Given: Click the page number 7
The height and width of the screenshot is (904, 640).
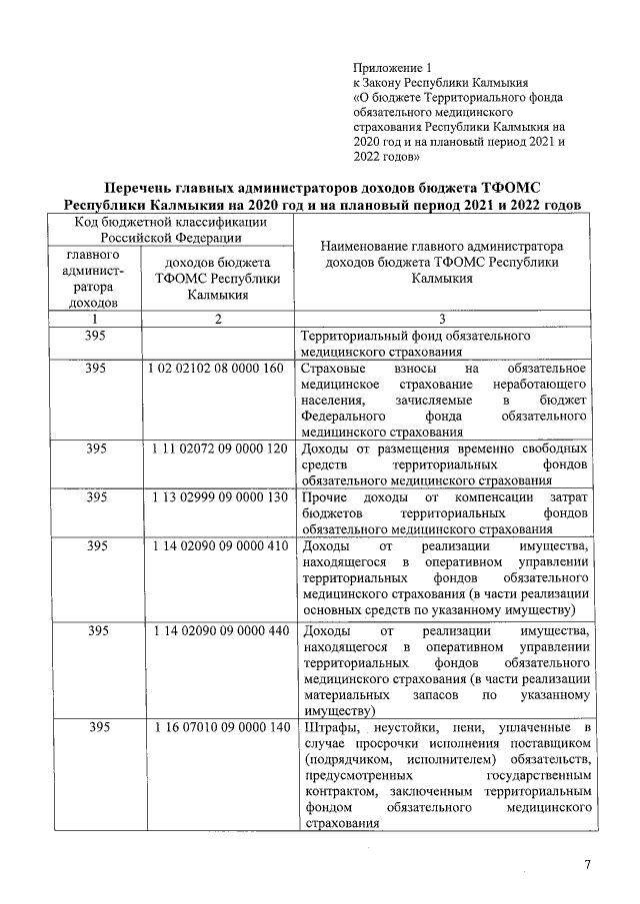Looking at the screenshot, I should (587, 864).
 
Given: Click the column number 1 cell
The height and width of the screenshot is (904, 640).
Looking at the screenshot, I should (97, 319).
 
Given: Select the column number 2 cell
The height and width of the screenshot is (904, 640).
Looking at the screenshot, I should (217, 319).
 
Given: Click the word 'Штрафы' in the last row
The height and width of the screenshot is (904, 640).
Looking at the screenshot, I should (326, 727).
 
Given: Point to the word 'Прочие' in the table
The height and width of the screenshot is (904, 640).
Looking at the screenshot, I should (323, 497).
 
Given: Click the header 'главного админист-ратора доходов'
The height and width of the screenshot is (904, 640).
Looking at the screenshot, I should (96, 278).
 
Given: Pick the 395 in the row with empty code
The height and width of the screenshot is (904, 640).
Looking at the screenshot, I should (97, 337).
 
